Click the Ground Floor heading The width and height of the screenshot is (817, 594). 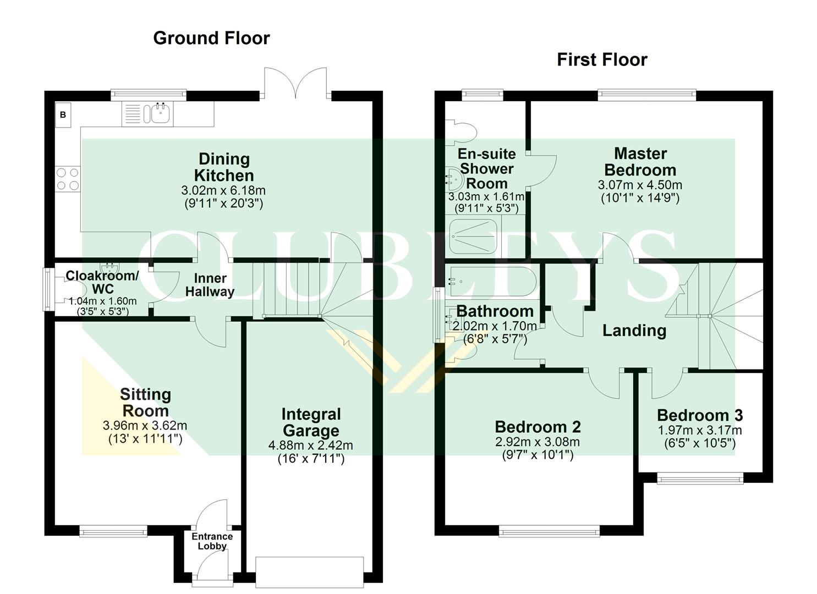click(x=211, y=38)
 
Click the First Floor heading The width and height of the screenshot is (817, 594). click(x=602, y=59)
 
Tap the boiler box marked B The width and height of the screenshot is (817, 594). click(x=63, y=115)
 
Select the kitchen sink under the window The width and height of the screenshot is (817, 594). click(x=157, y=114)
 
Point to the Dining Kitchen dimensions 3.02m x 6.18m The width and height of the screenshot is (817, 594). click(x=223, y=191)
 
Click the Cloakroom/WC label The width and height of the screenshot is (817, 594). click(x=102, y=282)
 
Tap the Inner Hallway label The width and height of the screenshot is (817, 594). click(x=210, y=285)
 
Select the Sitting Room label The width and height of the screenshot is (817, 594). click(x=145, y=402)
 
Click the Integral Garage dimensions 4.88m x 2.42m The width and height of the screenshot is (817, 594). click(x=311, y=446)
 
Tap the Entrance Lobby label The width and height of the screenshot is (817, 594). click(x=212, y=541)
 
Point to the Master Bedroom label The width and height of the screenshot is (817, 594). click(x=640, y=161)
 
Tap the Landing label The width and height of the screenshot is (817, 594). click(x=634, y=330)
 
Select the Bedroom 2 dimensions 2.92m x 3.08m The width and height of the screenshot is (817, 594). click(x=538, y=442)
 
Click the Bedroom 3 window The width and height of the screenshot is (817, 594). click(x=700, y=479)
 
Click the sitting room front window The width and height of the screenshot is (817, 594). click(x=113, y=531)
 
